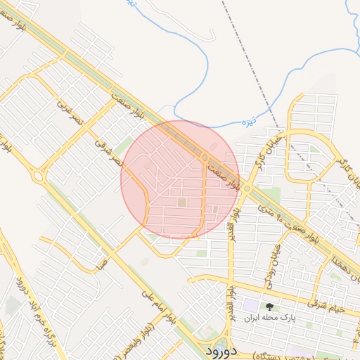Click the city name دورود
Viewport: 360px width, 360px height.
(221, 349)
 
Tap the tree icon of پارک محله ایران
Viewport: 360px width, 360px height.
(269, 306)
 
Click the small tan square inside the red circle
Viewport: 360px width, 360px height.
(182, 202)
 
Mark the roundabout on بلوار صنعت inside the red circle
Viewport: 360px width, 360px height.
(205, 157)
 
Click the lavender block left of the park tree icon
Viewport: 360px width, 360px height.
(250, 307)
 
